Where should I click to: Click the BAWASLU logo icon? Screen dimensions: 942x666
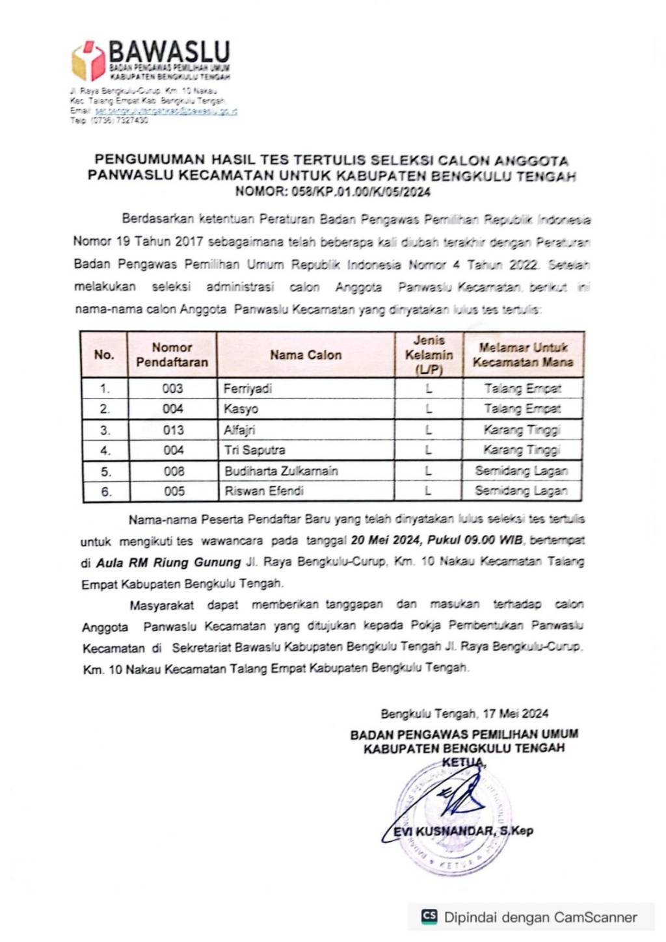(88, 61)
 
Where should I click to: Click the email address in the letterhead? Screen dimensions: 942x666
(165, 111)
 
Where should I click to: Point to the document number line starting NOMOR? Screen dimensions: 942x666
(332, 192)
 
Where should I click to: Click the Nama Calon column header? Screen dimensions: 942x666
(306, 355)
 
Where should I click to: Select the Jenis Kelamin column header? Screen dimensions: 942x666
(429, 355)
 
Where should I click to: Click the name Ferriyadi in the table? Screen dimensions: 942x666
(248, 389)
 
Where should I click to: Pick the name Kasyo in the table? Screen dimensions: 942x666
(241, 409)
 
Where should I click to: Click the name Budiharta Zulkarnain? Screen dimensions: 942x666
(281, 471)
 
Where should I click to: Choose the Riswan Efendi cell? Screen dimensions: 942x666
(264, 491)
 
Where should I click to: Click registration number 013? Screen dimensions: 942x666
(173, 430)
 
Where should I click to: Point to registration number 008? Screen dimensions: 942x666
(174, 471)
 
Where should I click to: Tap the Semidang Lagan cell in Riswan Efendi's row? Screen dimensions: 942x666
(521, 491)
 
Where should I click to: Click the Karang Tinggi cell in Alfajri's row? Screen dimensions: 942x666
(522, 430)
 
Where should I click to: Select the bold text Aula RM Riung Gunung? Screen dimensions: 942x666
(169, 562)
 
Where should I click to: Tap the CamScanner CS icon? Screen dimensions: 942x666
(429, 917)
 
